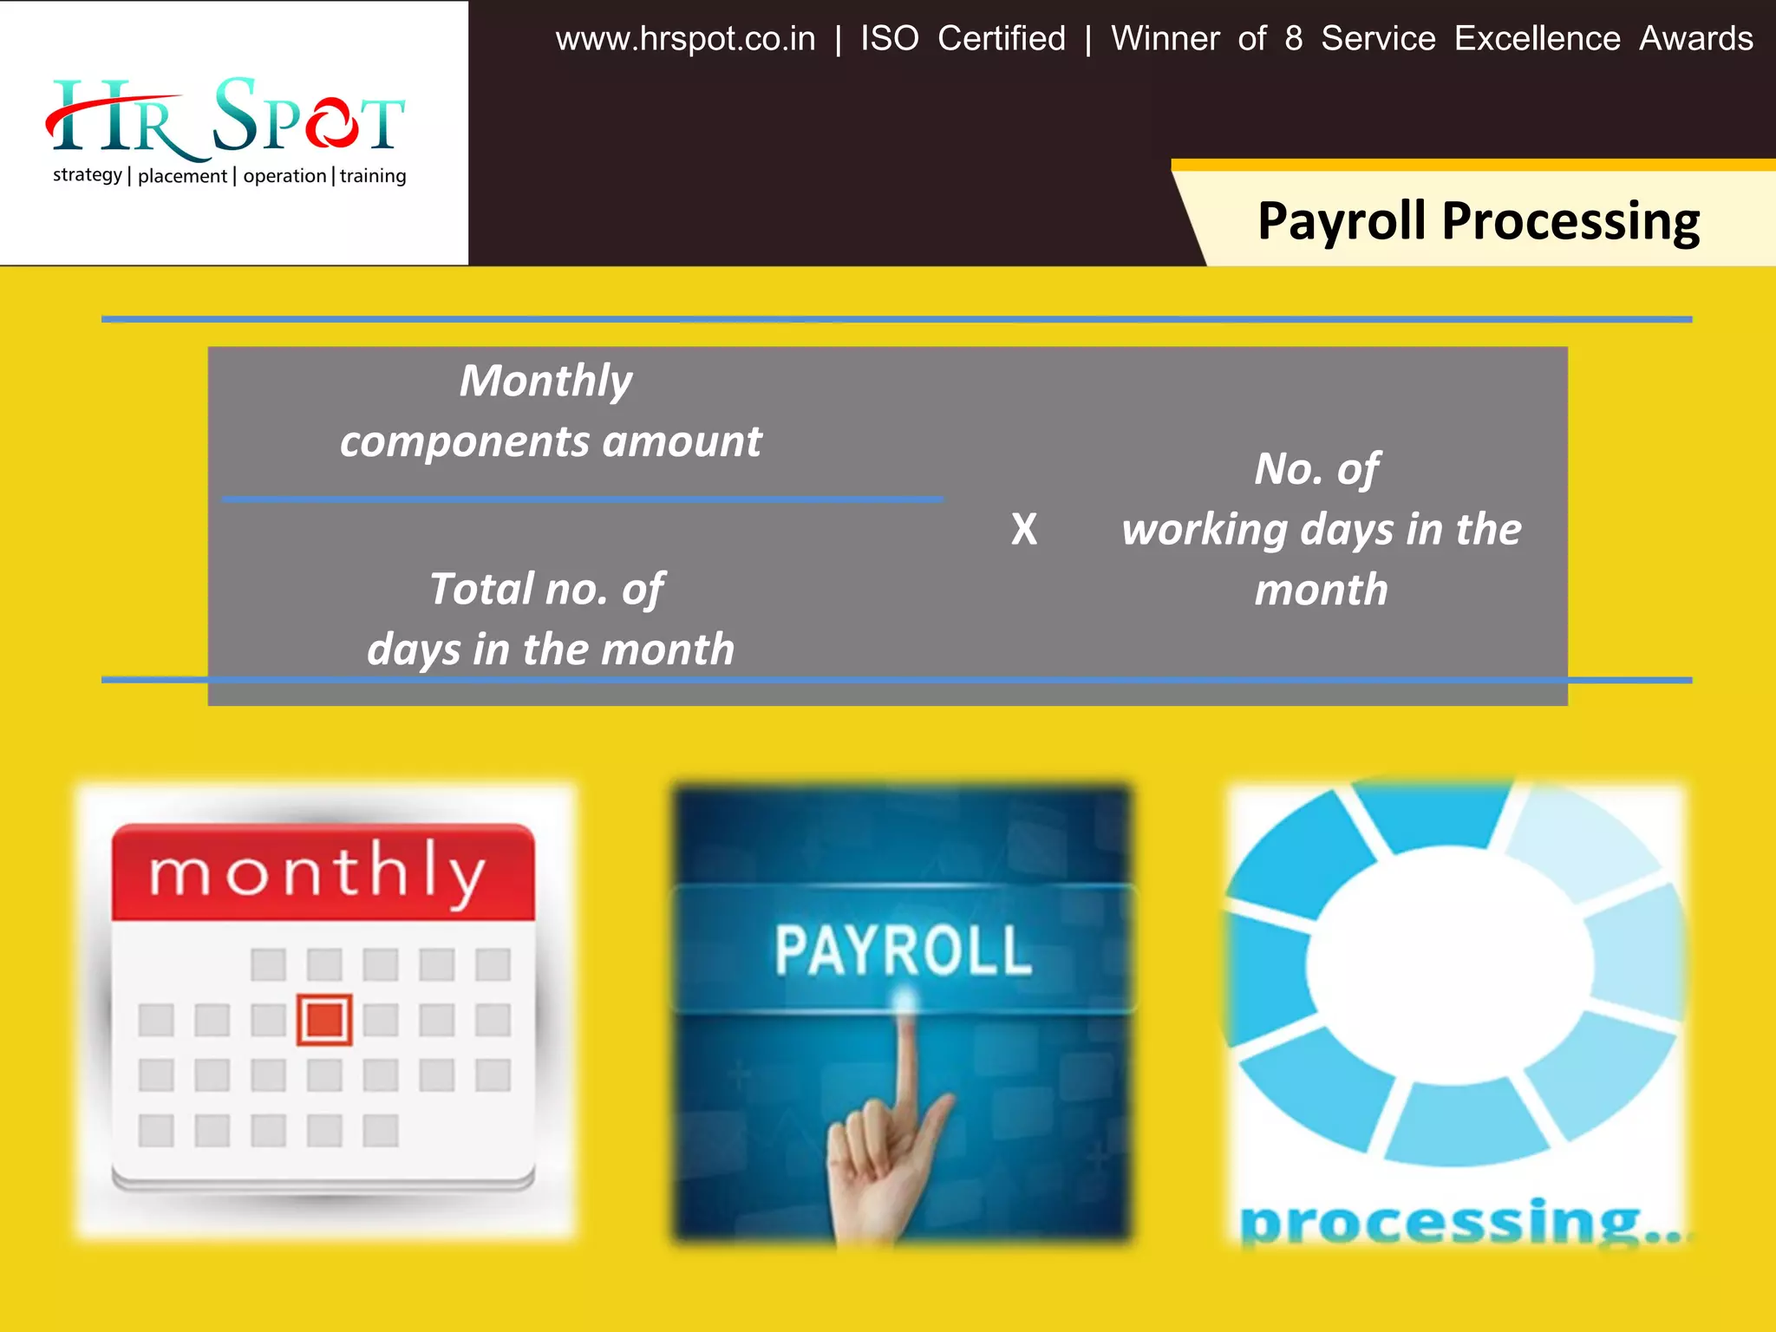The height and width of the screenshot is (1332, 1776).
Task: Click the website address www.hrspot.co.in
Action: [x=685, y=39]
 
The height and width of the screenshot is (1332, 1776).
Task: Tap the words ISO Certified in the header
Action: [x=963, y=39]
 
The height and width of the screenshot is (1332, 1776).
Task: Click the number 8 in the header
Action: [x=1294, y=39]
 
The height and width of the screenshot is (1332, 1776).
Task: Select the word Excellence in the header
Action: [x=1537, y=39]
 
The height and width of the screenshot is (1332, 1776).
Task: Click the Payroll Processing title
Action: [x=1478, y=221]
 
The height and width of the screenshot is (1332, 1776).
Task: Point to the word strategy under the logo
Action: [x=87, y=175]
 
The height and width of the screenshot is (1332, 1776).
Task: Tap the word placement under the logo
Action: [x=182, y=176]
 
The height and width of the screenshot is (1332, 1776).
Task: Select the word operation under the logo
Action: [x=284, y=176]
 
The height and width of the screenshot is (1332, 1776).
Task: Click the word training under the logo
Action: [x=373, y=176]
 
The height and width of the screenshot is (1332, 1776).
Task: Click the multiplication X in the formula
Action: [x=1024, y=529]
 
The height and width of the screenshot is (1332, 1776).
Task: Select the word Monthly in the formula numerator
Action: [x=546, y=381]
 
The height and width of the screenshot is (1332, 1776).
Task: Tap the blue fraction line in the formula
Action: [x=581, y=499]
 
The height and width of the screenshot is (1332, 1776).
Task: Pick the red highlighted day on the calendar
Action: [x=324, y=1020]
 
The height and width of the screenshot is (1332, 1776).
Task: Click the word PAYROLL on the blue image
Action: [x=902, y=950]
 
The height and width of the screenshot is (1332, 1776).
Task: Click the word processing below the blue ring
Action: [x=1440, y=1223]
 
